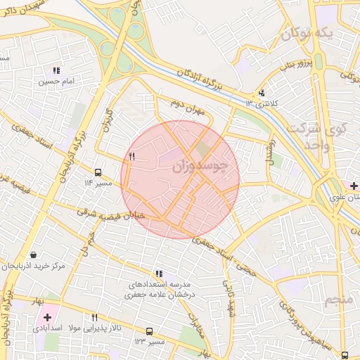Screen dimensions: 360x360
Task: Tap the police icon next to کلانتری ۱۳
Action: point(262,92)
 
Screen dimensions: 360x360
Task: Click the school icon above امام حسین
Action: point(56,70)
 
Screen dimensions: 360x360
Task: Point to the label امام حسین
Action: point(56,82)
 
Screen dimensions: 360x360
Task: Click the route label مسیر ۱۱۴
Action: point(98,183)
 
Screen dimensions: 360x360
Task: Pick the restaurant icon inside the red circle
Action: point(131,155)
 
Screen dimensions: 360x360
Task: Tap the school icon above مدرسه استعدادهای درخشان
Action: point(159,274)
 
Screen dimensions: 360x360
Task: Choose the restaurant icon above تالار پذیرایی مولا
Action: point(94,318)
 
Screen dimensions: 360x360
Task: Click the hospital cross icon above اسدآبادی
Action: point(47,318)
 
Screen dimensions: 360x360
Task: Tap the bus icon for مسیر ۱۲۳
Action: point(149,331)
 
